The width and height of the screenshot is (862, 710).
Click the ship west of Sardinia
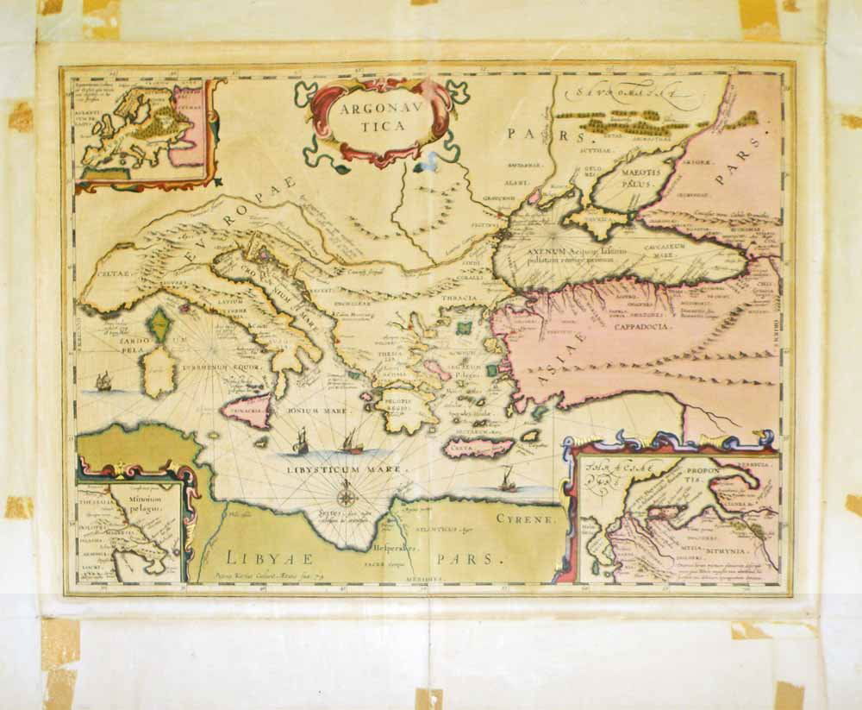click(103, 380)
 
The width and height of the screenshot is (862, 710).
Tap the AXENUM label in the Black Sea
click(545, 250)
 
